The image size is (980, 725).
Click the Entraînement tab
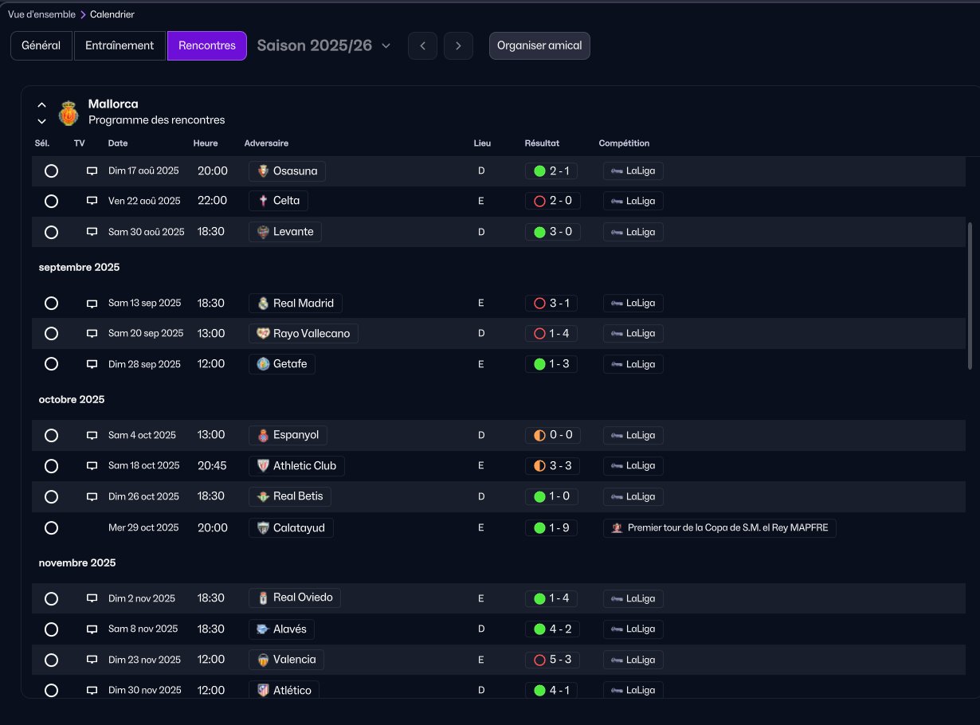120,45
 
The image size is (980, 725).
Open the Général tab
41,45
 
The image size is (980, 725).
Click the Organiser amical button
539,45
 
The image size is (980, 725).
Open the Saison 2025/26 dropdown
323,45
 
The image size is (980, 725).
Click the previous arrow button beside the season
422,45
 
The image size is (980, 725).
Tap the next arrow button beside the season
458,45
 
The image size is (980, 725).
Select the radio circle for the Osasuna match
51,171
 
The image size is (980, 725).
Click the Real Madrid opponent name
303,303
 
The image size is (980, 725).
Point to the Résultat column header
542,143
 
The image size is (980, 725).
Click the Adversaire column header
266,143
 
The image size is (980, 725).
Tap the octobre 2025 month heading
72,399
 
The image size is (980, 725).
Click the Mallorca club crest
69,113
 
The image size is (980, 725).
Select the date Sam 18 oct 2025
143,465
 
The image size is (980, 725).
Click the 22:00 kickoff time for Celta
212,201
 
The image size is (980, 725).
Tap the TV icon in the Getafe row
92,364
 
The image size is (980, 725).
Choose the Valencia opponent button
286,660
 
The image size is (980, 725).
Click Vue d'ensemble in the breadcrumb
41,14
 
